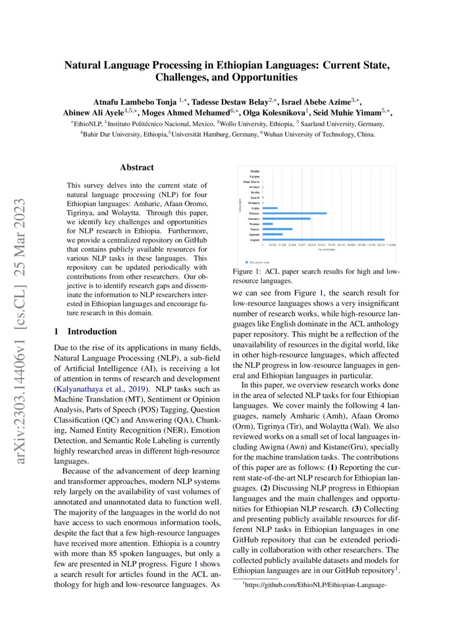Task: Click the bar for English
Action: pos(323,239)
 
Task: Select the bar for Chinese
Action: pos(294,213)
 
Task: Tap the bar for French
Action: pos(277,229)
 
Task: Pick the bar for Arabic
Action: pos(270,208)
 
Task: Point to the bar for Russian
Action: pos(267,224)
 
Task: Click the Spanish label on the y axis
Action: pos(255,234)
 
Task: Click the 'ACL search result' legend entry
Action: pos(259,262)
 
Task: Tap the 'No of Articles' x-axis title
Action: pos(326,249)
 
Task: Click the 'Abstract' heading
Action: pos(137,168)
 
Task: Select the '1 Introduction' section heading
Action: pos(85,332)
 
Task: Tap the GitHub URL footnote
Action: pos(318,585)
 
